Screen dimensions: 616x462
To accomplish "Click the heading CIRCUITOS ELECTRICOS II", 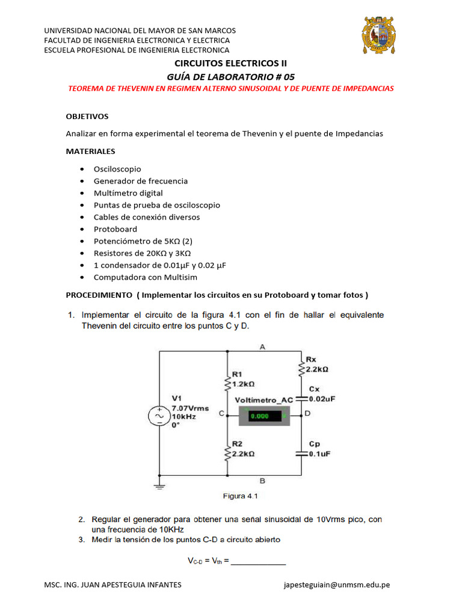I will [231, 63].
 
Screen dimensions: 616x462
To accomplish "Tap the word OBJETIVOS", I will [87, 115].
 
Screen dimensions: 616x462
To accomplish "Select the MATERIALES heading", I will [90, 151].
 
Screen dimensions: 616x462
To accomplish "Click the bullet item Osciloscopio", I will [117, 169].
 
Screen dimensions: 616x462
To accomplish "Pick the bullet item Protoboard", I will [115, 229].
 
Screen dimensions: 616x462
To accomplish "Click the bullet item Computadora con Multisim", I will [145, 277].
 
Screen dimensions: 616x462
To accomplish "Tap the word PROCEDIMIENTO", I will [99, 295].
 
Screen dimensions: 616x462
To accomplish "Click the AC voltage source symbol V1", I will [159, 416].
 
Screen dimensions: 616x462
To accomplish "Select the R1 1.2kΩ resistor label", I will [242, 378].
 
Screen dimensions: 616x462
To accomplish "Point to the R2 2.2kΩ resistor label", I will [242, 450].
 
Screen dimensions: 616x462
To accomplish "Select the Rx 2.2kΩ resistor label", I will [316, 365].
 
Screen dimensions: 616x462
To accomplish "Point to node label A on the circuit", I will [262, 346].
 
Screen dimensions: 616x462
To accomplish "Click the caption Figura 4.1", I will [241, 496].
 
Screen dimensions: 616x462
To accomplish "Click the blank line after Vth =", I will [258, 562].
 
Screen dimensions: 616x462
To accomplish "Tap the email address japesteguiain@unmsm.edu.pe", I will [336, 585].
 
